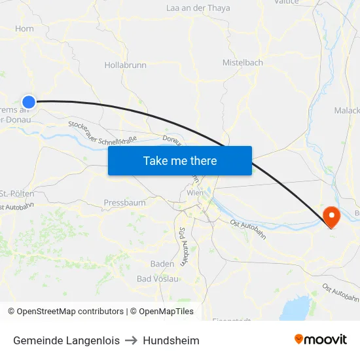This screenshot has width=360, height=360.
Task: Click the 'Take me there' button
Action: [180, 160]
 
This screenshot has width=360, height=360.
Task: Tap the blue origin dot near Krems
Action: [29, 101]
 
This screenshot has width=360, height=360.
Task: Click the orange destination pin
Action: [331, 217]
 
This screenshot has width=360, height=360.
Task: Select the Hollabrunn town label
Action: [126, 65]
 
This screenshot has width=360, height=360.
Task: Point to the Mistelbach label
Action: [242, 63]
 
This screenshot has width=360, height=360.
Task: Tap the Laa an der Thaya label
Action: [198, 9]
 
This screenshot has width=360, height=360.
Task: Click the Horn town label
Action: [24, 29]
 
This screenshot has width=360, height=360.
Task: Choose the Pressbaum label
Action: [124, 203]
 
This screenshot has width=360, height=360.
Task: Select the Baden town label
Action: [162, 264]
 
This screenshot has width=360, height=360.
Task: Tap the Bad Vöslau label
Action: [157, 279]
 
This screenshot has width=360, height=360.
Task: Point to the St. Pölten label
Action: [18, 194]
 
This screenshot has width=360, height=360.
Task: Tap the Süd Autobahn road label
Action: [184, 245]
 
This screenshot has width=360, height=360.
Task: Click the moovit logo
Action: [321, 340]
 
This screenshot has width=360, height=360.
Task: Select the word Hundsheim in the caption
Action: [171, 340]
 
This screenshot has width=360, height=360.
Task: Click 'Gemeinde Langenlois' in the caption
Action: [66, 340]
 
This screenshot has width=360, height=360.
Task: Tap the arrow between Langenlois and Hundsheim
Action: [131, 340]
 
